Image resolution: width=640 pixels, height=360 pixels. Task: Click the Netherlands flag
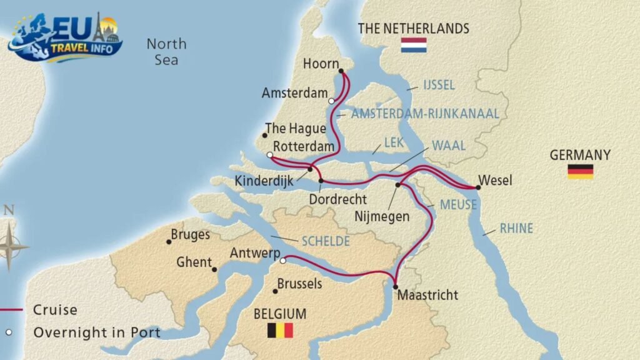pos(414,45)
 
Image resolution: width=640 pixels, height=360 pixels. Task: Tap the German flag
pos(580,171)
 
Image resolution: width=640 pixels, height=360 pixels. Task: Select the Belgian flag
pos(280,330)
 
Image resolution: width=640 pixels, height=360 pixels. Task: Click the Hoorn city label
pos(320,64)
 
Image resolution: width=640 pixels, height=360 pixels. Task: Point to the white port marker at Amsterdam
pos(331,101)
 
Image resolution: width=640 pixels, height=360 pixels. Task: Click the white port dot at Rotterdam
pos(269,155)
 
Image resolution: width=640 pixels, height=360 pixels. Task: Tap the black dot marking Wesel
pos(478,187)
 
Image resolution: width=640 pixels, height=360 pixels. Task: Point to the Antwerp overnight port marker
pos(283,261)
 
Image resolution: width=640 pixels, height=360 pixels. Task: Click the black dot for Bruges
pos(169,242)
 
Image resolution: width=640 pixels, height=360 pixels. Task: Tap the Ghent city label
pos(194,262)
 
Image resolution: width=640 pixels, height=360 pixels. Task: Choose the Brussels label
pos(299,284)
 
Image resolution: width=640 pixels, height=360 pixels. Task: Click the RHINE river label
pos(516,229)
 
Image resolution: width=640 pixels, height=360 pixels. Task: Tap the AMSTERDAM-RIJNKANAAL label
pos(425,113)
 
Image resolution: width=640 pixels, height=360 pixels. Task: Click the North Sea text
pos(166,52)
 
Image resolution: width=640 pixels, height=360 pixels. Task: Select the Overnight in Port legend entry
pos(96,332)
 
